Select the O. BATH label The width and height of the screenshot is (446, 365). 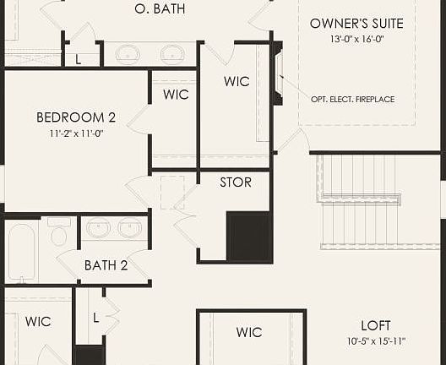click(x=160, y=9)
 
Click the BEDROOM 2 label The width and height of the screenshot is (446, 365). click(x=76, y=117)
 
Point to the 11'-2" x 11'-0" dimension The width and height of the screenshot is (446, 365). click(x=76, y=133)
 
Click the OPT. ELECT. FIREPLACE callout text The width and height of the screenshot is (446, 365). click(x=353, y=100)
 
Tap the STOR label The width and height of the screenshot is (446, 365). click(x=236, y=182)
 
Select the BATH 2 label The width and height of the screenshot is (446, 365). click(x=106, y=265)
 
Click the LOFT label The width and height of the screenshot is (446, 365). click(x=376, y=325)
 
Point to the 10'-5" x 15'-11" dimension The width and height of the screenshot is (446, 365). click(x=377, y=341)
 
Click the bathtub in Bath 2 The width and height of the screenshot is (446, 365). click(x=22, y=252)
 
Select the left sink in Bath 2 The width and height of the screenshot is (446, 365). click(x=98, y=228)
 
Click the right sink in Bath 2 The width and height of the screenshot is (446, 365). click(x=130, y=228)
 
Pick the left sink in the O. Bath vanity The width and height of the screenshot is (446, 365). click(x=128, y=54)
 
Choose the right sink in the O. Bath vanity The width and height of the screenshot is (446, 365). click(x=173, y=54)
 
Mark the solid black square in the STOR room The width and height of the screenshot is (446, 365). click(x=248, y=237)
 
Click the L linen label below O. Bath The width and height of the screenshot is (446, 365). click(x=79, y=58)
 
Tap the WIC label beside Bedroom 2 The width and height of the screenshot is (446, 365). click(x=176, y=95)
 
